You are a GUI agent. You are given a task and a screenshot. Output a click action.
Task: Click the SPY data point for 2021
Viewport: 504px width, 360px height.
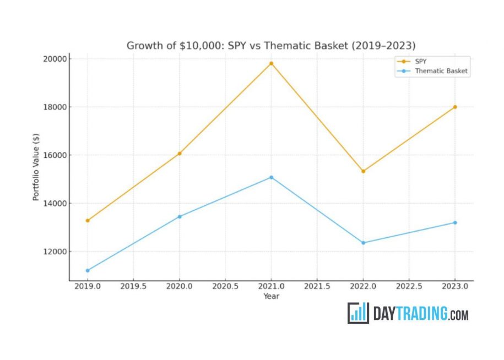[271, 63]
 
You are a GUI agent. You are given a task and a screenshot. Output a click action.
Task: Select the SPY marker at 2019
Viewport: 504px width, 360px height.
[88, 220]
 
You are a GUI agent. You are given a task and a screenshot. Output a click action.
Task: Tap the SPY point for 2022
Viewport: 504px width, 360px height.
[363, 171]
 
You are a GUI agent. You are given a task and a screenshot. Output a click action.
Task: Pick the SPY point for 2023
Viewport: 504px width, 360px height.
[455, 107]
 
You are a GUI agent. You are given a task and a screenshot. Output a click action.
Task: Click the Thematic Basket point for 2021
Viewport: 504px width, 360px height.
[271, 177]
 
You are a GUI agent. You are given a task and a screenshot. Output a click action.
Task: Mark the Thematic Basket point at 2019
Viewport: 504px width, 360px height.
[88, 270]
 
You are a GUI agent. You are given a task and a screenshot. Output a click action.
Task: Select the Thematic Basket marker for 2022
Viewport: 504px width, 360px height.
[363, 243]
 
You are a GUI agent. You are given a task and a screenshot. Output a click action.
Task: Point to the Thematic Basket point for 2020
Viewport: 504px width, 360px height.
[180, 216]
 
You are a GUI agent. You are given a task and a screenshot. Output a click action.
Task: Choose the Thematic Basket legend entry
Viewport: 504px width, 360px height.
[441, 70]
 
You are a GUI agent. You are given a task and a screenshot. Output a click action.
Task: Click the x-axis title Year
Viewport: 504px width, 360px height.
[271, 296]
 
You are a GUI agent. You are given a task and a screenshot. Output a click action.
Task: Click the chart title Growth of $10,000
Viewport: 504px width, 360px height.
[271, 45]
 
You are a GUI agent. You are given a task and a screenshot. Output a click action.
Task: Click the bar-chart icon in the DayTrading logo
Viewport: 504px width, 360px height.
[358, 313]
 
